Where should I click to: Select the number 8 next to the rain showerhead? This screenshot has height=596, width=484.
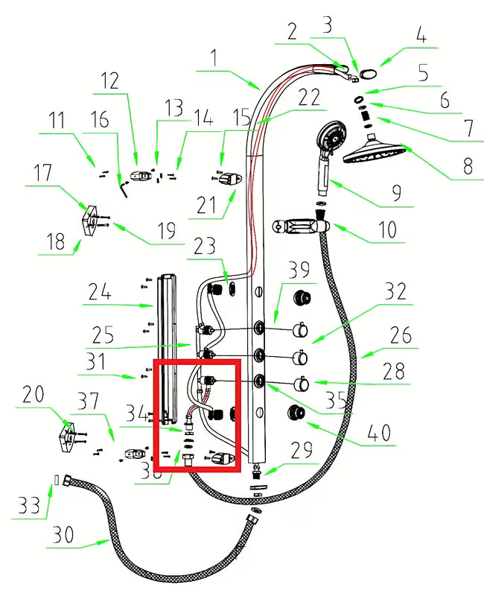click(467, 165)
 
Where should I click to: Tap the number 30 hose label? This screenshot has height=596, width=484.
click(64, 534)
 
